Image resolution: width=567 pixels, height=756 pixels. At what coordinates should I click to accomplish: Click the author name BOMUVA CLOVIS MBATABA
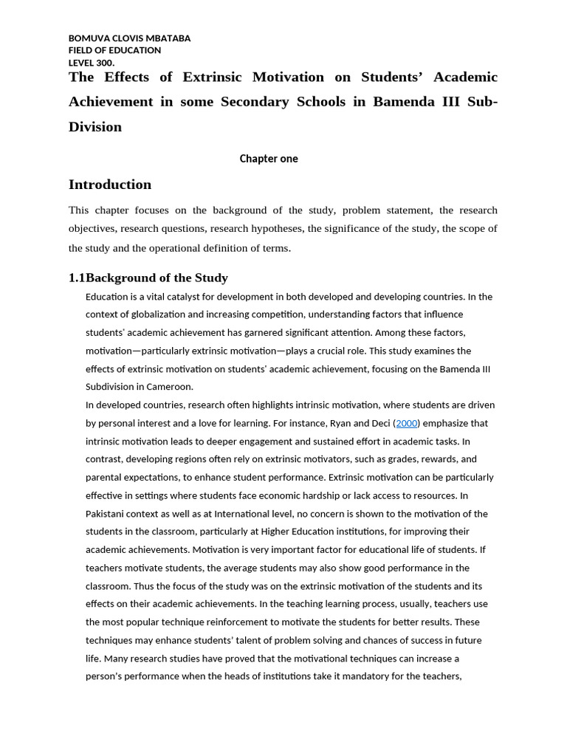(129, 38)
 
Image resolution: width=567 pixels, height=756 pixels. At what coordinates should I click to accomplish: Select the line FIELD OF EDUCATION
(114, 50)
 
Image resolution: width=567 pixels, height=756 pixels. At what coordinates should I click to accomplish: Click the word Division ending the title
(95, 127)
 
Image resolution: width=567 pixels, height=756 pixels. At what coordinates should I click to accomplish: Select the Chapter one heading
(269, 159)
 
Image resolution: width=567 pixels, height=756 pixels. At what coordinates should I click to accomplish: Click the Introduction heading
(110, 185)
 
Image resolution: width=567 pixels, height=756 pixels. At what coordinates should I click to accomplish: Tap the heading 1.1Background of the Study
(148, 278)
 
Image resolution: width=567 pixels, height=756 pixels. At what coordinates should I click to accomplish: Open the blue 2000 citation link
(406, 424)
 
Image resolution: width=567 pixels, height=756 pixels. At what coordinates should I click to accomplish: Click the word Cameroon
(169, 387)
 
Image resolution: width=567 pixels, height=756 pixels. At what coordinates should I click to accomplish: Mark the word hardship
(363, 496)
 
